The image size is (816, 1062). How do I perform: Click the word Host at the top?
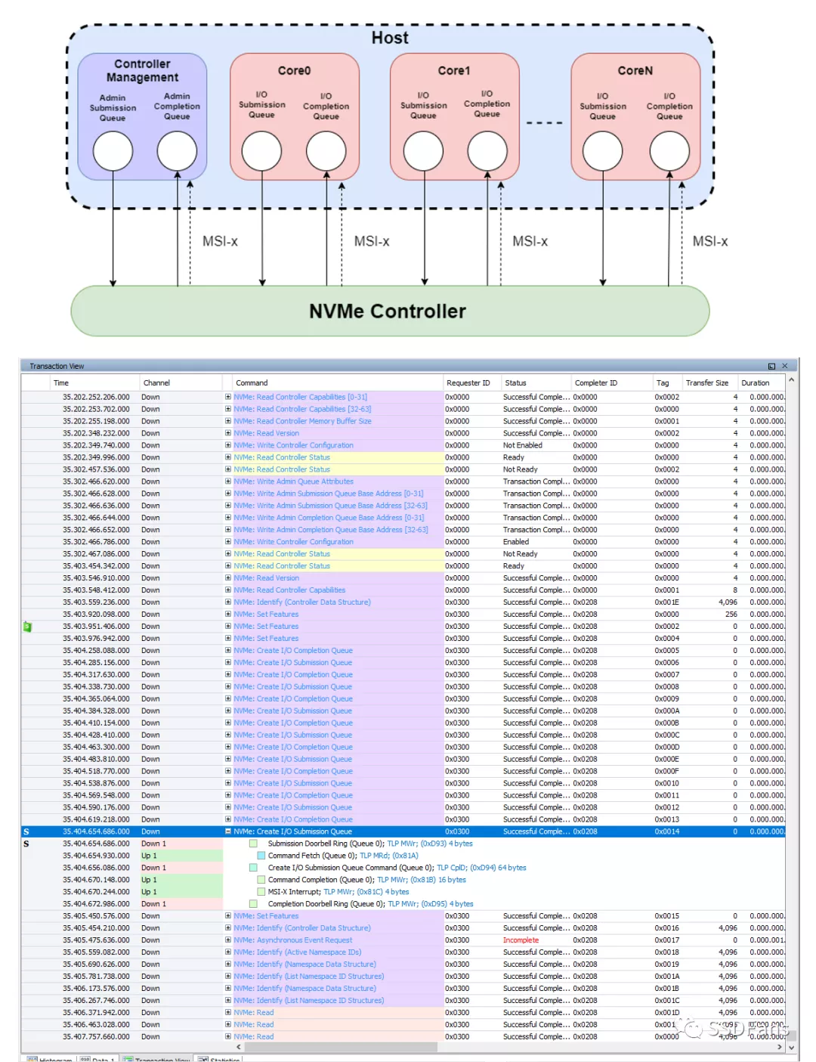(x=389, y=38)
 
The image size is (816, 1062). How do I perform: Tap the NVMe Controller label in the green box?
(x=388, y=311)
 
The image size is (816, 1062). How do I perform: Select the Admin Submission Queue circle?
(x=113, y=150)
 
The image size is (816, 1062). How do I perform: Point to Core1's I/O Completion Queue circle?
(x=487, y=150)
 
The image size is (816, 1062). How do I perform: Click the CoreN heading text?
(x=635, y=70)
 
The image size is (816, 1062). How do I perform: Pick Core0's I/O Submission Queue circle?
(x=261, y=150)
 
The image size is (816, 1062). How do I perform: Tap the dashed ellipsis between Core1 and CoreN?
(x=544, y=122)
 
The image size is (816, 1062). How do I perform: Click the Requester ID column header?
(x=468, y=383)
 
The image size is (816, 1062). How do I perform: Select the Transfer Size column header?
(x=706, y=383)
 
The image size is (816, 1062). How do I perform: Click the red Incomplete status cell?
(x=521, y=940)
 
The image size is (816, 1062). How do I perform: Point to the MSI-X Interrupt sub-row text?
(x=295, y=892)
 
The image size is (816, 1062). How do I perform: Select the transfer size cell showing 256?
(x=731, y=615)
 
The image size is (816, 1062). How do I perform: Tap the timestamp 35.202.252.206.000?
(x=96, y=397)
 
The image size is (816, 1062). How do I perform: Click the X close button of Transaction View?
(x=784, y=366)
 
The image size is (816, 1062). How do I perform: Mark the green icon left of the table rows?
(x=27, y=627)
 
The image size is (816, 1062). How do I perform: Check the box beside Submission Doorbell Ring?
(x=254, y=844)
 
